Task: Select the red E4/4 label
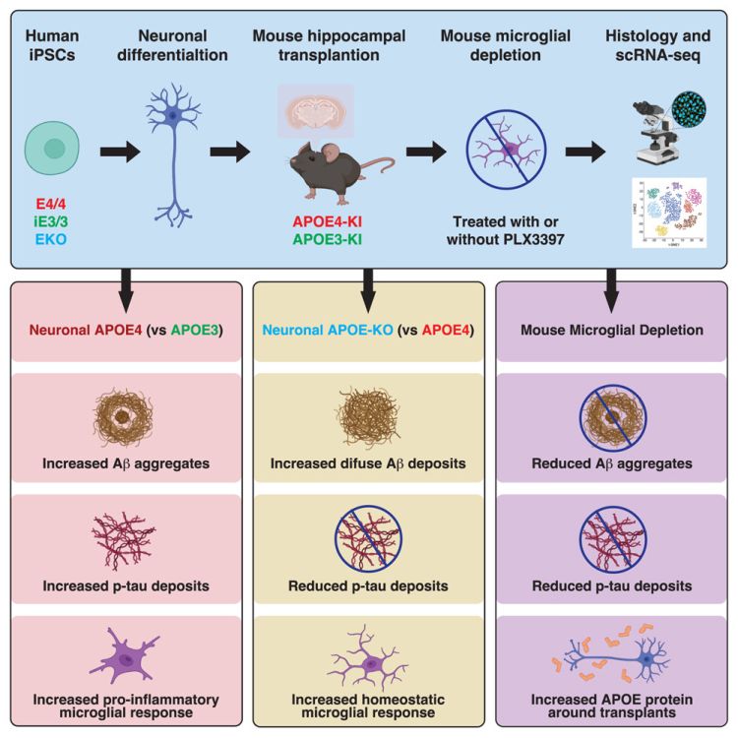(49, 204)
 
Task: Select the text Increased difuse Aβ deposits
(368, 463)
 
